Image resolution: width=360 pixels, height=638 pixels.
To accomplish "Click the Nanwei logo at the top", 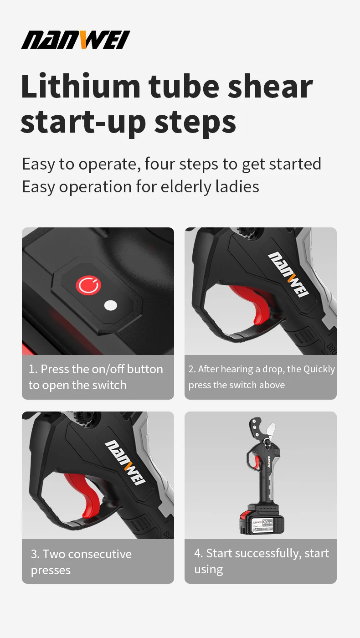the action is tap(76, 40).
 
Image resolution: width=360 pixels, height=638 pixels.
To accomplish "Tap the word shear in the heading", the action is tap(270, 86).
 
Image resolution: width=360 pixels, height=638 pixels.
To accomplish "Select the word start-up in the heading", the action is tap(83, 123).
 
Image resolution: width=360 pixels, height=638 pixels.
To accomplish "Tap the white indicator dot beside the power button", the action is tap(111, 305).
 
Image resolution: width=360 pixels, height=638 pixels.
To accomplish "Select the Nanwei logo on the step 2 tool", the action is tap(288, 274).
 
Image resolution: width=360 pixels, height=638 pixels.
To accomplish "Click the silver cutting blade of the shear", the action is tap(271, 431).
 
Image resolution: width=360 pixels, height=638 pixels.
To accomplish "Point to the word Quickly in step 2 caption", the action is tap(319, 370).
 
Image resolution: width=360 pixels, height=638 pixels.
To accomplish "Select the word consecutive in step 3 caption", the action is tap(100, 554).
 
